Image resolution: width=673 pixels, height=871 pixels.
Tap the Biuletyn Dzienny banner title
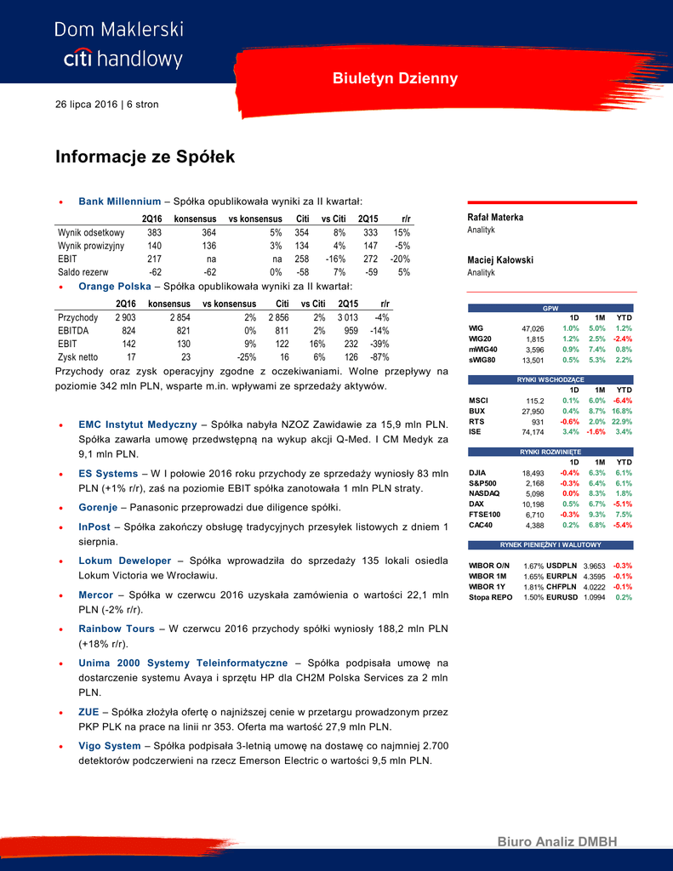pyautogui.click(x=395, y=78)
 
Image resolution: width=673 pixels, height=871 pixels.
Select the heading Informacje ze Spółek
pyautogui.click(x=145, y=157)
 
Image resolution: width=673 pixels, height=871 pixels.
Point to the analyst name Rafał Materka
pyautogui.click(x=495, y=217)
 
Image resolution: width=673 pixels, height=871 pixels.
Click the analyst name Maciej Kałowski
pyautogui.click(x=500, y=259)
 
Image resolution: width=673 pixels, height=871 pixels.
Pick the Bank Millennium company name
pyautogui.click(x=119, y=202)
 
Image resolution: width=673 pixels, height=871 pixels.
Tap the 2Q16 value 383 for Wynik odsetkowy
pyautogui.click(x=154, y=232)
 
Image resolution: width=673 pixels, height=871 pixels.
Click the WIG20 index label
pyautogui.click(x=480, y=339)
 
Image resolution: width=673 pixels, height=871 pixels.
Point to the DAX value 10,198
pyautogui.click(x=533, y=504)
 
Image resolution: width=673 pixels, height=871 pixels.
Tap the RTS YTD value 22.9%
pyautogui.click(x=622, y=421)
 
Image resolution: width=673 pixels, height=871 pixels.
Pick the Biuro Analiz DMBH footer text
pyautogui.click(x=556, y=841)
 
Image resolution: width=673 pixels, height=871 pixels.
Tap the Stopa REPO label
pyautogui.click(x=490, y=598)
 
